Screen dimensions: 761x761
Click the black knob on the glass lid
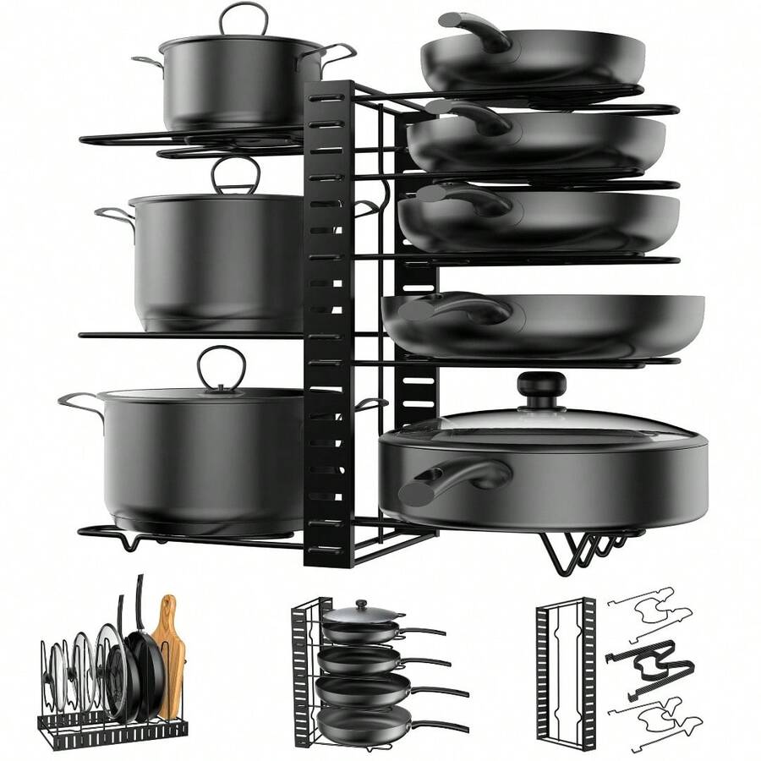(541, 390)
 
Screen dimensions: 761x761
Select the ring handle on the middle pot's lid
(236, 175)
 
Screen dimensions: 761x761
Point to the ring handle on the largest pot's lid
(222, 367)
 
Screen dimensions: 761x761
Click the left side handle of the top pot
(147, 63)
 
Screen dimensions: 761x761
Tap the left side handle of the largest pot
(79, 404)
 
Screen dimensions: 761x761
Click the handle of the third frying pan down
(462, 200)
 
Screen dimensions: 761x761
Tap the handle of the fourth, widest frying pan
(457, 309)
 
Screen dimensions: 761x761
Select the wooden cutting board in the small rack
(169, 651)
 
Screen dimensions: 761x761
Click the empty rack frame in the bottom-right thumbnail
(565, 668)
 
